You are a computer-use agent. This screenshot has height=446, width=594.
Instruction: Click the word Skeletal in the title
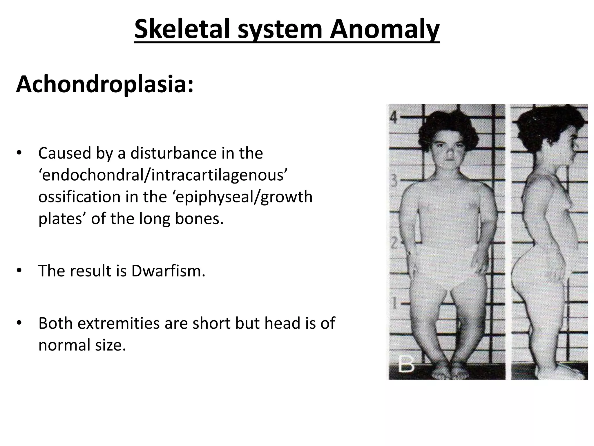[x=183, y=29]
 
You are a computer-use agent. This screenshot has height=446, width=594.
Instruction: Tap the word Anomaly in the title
[x=385, y=29]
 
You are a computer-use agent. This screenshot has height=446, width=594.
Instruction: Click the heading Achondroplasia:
[x=105, y=85]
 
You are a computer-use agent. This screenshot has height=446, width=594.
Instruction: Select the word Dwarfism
[x=168, y=271]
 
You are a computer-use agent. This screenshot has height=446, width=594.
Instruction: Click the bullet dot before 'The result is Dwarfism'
[x=19, y=271]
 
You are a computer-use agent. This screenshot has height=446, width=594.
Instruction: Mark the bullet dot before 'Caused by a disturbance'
[x=19, y=153]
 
